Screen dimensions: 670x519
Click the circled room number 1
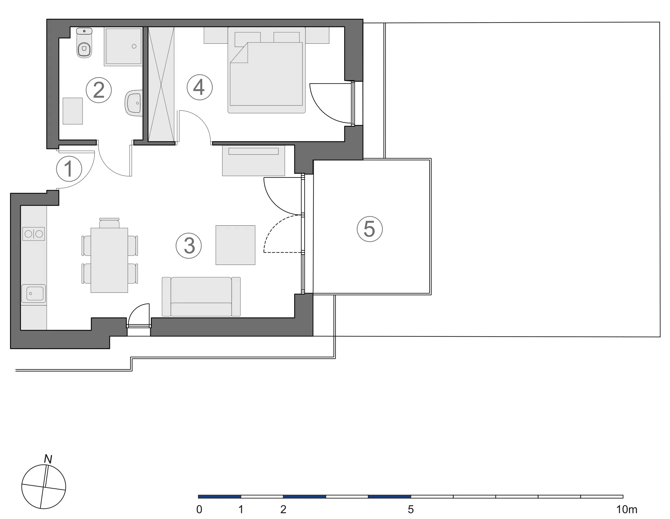click(69, 169)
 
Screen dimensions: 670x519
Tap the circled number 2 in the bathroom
click(99, 90)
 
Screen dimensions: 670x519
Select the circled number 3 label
click(189, 246)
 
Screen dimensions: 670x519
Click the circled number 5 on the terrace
click(370, 229)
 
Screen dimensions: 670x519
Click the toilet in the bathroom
click(84, 43)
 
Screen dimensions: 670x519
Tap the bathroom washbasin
click(134, 103)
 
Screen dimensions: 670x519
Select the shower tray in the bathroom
click(123, 46)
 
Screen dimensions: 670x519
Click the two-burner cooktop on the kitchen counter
click(34, 234)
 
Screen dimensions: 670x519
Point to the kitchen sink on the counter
click(34, 294)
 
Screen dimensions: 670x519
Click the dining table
click(109, 260)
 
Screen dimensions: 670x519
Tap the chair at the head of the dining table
click(109, 223)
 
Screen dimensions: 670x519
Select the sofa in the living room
click(201, 297)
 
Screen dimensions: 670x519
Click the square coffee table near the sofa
click(235, 245)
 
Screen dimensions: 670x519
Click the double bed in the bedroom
click(266, 70)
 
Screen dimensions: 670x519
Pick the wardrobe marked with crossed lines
click(161, 84)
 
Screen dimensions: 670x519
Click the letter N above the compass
click(48, 459)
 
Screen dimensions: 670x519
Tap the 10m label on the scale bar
click(627, 510)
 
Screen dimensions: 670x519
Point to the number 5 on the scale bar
click(411, 510)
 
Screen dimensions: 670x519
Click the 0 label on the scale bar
click(199, 510)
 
